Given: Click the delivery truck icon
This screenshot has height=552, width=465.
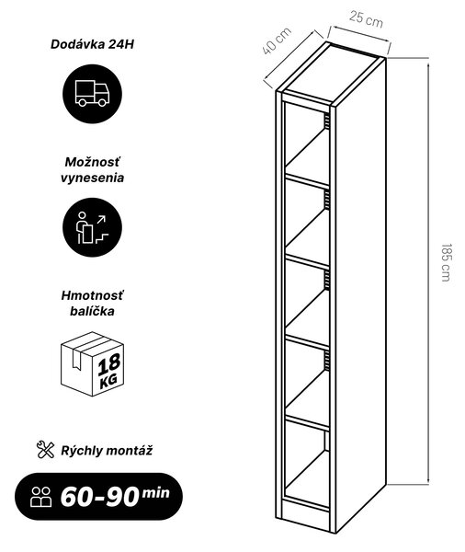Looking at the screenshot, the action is pos(92,94).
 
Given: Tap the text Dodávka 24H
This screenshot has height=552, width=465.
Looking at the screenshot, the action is pos(92,44).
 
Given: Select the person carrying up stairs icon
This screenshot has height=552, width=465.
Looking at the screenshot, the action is pos(92,228).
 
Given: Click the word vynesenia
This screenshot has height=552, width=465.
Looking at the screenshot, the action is pos(92,178).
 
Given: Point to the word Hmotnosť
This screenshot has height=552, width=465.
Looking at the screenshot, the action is pos(92,295).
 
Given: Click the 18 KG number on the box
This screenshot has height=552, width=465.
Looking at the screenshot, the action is pos(109,371).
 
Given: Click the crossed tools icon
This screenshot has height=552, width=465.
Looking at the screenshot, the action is pos(45,450).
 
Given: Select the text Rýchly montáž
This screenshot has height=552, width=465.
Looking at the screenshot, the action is pos(107,451).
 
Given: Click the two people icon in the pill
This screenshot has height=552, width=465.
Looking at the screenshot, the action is pos(41,497).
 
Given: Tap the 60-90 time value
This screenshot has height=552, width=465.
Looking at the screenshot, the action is pos(99,497).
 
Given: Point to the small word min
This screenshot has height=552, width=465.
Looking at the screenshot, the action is pos(155,493).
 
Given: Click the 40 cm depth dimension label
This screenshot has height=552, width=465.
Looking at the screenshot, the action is pos(277,40).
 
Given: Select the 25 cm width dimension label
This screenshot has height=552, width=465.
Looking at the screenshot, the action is pos(366,19).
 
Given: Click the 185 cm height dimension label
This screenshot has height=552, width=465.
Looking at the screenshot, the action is pos(446,262).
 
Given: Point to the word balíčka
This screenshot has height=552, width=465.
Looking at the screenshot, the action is pos(92,311).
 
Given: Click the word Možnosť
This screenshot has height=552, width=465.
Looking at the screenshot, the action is pos(92,162).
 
